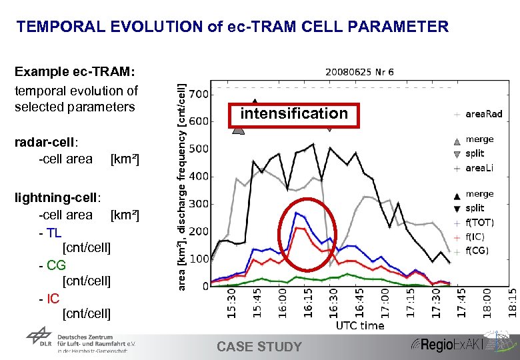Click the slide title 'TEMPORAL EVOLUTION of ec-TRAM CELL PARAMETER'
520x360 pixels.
[232, 27]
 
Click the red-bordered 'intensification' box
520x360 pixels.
[294, 114]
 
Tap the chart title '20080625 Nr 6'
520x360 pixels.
[360, 71]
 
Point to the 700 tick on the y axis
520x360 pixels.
[199, 94]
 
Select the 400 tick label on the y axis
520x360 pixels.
[199, 177]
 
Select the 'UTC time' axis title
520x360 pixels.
[360, 325]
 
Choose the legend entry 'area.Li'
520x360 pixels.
[479, 169]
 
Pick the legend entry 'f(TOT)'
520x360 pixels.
[480, 223]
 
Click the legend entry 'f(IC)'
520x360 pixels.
[475, 237]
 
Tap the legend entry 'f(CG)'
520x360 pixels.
[476, 251]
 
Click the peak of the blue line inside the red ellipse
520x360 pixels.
[296, 213]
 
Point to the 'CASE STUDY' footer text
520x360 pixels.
[259, 347]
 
